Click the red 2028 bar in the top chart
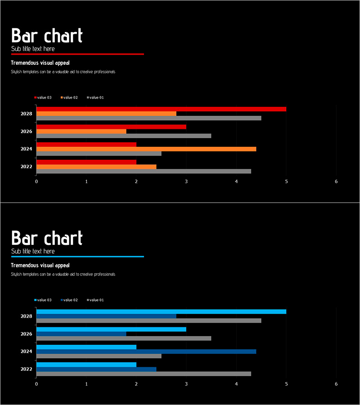(x=161, y=109)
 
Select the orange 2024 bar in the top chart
(x=146, y=149)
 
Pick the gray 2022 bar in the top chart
(x=144, y=171)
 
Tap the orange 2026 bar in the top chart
(x=81, y=131)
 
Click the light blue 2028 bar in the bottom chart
(x=161, y=311)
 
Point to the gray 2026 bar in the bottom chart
(x=124, y=338)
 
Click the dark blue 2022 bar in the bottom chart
(x=96, y=369)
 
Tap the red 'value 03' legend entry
(x=43, y=98)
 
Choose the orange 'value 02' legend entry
(x=69, y=98)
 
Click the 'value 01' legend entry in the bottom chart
(x=95, y=300)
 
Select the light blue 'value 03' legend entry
(x=43, y=300)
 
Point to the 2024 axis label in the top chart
(x=26, y=149)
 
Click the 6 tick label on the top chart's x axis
(x=336, y=181)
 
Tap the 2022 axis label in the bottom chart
(x=26, y=369)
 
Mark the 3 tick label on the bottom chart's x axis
(x=186, y=384)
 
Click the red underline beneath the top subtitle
(x=77, y=54)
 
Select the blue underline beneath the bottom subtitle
(x=77, y=256)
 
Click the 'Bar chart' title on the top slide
(x=47, y=36)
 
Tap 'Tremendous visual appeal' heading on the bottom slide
(x=40, y=265)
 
